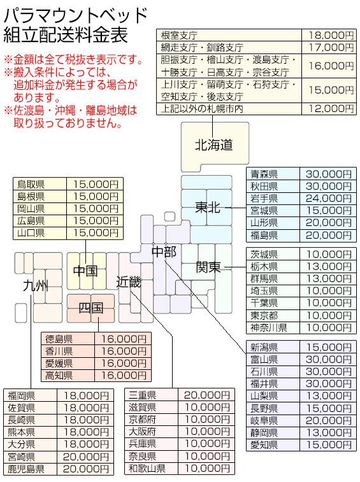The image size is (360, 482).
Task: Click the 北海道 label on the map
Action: click(x=214, y=145)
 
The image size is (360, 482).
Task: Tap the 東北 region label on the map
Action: click(x=208, y=208)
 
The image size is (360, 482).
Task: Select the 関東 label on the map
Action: click(x=208, y=267)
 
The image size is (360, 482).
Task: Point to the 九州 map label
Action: click(x=36, y=286)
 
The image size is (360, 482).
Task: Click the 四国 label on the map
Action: click(x=90, y=308)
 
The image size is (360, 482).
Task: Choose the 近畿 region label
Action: click(x=129, y=282)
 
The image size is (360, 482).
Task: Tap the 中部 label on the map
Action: click(x=164, y=252)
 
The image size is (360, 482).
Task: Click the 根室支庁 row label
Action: click(x=179, y=36)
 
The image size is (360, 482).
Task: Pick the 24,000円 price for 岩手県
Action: click(x=329, y=198)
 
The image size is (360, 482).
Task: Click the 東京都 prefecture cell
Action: click(x=264, y=315)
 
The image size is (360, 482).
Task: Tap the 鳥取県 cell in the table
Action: click(x=31, y=184)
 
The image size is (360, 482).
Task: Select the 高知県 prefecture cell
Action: click(x=59, y=375)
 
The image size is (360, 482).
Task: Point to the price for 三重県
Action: click(x=207, y=395)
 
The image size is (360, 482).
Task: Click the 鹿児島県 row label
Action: click(x=26, y=469)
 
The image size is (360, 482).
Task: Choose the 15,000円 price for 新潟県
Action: click(x=329, y=347)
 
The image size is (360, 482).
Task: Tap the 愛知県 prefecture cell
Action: click(x=264, y=444)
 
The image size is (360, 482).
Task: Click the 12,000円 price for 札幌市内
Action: click(x=331, y=108)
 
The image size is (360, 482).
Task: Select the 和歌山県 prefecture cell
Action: click(x=147, y=468)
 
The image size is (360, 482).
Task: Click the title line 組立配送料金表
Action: click(x=65, y=34)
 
